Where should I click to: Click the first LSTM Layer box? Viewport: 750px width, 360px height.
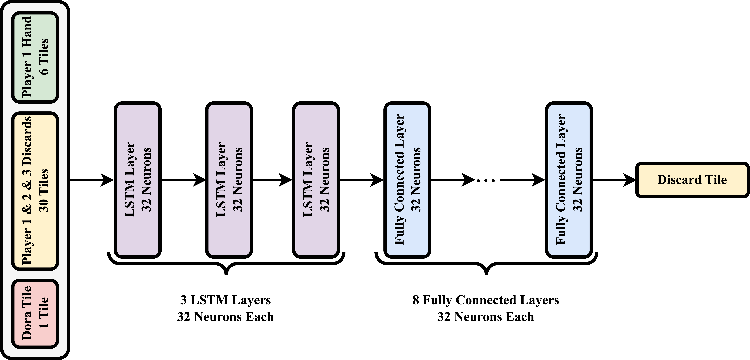[137, 180]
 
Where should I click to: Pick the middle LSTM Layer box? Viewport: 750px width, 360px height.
[229, 180]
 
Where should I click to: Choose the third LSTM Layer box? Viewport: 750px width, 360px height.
[316, 180]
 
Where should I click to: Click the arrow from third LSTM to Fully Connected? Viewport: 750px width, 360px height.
[362, 180]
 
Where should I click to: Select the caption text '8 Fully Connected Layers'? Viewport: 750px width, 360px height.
[486, 300]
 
